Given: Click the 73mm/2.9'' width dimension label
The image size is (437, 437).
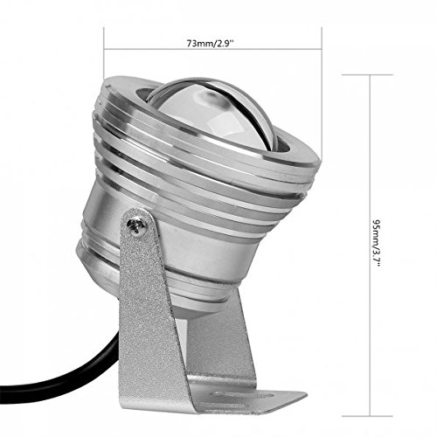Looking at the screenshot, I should click(213, 41).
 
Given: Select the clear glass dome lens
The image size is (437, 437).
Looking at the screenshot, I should click(223, 114).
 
